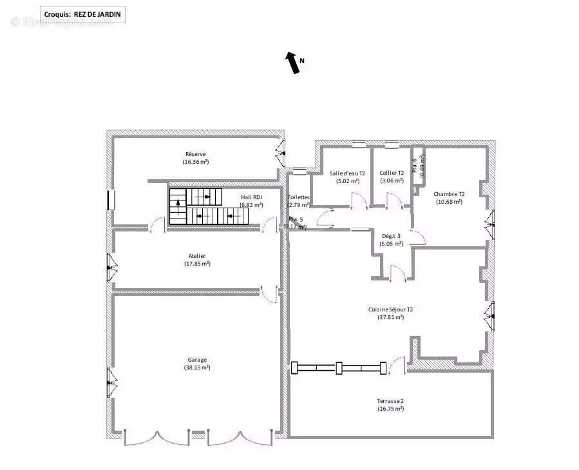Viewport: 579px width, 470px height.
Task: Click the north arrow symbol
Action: tap(294, 63)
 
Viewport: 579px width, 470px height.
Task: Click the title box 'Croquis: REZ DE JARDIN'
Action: tap(82, 14)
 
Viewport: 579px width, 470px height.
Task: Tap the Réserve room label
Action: tap(196, 154)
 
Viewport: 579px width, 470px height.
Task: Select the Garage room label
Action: tap(197, 360)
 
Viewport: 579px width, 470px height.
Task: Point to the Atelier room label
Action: tap(197, 256)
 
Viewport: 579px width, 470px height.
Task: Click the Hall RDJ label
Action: tap(251, 197)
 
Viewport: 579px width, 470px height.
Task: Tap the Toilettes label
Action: tap(298, 197)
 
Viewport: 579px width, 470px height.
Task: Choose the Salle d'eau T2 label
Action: tap(347, 173)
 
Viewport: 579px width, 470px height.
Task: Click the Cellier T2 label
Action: tap(392, 173)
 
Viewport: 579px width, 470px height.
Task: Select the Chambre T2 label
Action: tap(449, 194)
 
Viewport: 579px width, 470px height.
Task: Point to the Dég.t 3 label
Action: tap(391, 236)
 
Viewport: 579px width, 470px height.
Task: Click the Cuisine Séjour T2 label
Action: tap(390, 309)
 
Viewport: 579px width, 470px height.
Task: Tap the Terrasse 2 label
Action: tap(390, 400)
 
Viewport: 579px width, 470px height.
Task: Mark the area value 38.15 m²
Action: tap(197, 367)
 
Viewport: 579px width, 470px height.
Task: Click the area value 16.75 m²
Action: tap(390, 408)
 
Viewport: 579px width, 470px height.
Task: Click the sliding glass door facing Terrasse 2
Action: tap(340, 368)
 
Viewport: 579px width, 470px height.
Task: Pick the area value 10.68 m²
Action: tap(449, 202)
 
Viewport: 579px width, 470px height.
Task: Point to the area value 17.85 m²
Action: tap(197, 264)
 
